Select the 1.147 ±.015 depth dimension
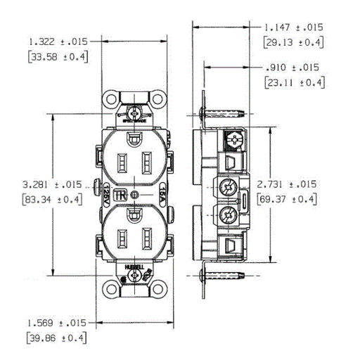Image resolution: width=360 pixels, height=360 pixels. click(x=293, y=27)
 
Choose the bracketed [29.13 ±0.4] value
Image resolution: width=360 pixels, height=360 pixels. click(x=293, y=43)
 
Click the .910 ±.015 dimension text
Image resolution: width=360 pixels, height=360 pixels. click(x=293, y=67)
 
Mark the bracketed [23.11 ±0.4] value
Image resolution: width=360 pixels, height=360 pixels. click(x=293, y=82)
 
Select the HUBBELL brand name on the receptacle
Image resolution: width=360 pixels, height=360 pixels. click(x=134, y=268)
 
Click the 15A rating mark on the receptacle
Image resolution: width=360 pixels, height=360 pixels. click(x=163, y=191)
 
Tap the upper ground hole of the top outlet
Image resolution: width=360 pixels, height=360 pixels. click(x=134, y=141)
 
